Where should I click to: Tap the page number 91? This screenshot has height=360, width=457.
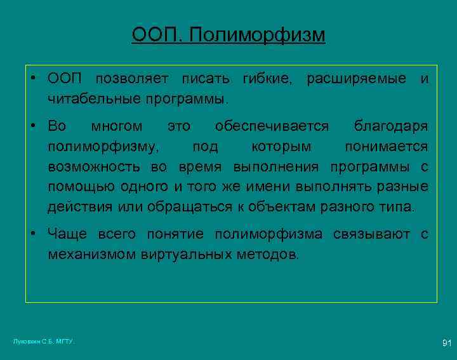click(x=446, y=343)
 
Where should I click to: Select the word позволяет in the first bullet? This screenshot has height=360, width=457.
click(x=131, y=79)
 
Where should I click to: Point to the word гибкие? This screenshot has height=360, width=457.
click(x=267, y=79)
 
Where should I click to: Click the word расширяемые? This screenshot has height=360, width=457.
click(x=357, y=79)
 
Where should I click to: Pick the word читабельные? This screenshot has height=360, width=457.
click(x=95, y=99)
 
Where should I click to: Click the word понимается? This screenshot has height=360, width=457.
click(x=386, y=147)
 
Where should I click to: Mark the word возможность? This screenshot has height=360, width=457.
click(x=96, y=166)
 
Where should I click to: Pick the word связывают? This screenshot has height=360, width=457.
click(x=371, y=234)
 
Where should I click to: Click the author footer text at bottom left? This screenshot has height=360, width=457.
click(x=44, y=342)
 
